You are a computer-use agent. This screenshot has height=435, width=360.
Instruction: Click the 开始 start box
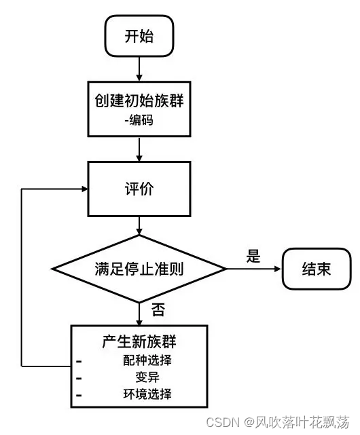coord(139,36)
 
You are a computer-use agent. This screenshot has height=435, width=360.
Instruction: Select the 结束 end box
coord(316,269)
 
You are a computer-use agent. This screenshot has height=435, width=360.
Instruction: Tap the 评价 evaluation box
coord(139,189)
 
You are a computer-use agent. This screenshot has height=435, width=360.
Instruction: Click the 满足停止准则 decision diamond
coord(139,269)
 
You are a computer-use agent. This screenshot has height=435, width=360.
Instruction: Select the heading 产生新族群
coord(139,342)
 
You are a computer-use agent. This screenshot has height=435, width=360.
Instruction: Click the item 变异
coord(147,377)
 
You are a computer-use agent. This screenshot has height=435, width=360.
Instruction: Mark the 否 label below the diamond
coord(158,311)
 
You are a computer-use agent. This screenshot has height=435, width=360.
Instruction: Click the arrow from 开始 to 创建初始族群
coord(139,67)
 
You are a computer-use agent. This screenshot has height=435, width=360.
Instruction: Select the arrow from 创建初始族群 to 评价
coord(139,149)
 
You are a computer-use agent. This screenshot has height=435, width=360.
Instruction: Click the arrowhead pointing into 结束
coord(276,269)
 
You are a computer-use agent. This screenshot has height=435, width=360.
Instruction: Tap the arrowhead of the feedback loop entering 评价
coord(84,189)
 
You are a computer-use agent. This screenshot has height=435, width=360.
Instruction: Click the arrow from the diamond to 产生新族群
coord(139,314)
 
